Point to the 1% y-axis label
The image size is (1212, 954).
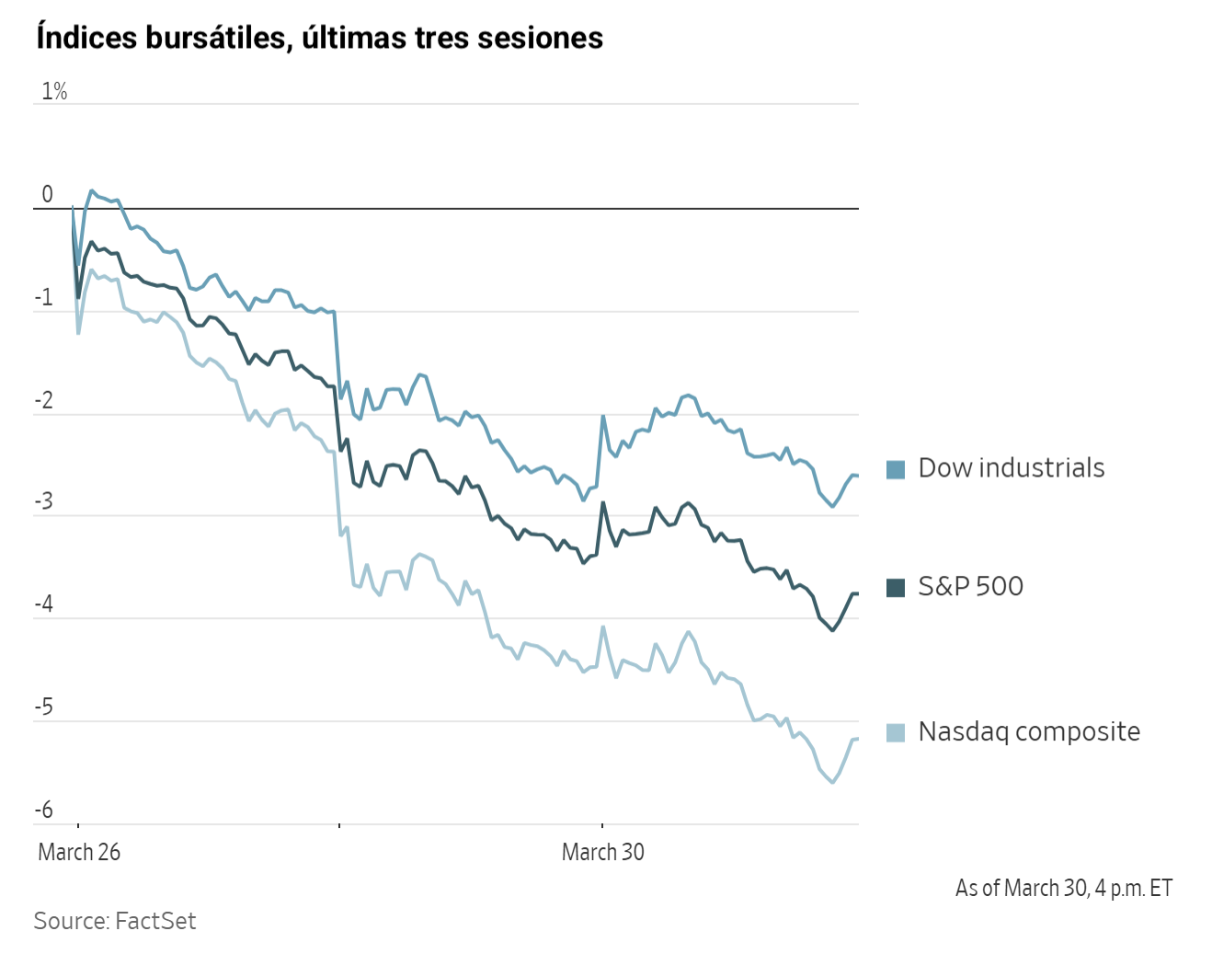click(x=54, y=91)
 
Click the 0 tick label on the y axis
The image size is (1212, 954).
click(x=48, y=194)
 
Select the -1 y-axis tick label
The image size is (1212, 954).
click(x=44, y=297)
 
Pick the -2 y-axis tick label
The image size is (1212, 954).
click(x=44, y=400)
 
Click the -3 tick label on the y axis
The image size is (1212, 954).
click(x=44, y=502)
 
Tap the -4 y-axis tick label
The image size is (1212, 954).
click(x=44, y=604)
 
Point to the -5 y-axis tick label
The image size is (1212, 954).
click(x=44, y=707)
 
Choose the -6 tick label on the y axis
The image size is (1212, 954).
click(x=44, y=810)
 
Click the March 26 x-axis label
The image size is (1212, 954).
click(x=79, y=852)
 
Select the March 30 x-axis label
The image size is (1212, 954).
click(x=603, y=852)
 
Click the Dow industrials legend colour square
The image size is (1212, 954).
click(x=896, y=469)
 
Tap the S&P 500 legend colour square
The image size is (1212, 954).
click(x=896, y=587)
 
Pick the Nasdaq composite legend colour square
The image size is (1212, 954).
click(x=896, y=732)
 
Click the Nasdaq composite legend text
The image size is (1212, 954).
click(x=1029, y=731)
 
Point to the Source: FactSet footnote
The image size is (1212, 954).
click(x=115, y=921)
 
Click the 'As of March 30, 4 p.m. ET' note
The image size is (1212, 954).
click(x=1064, y=888)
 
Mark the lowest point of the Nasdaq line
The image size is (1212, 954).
click(x=833, y=782)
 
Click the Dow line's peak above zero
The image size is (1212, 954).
click(x=92, y=190)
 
